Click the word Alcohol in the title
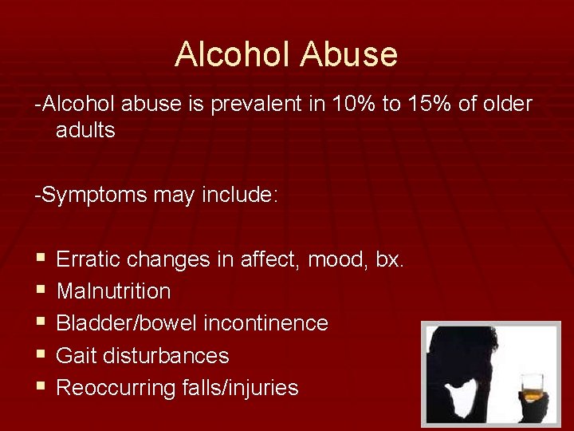pos(233,55)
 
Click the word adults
pos(85,130)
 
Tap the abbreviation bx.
pos(390,259)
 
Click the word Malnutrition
pos(114,291)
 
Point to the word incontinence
pos(266,323)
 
